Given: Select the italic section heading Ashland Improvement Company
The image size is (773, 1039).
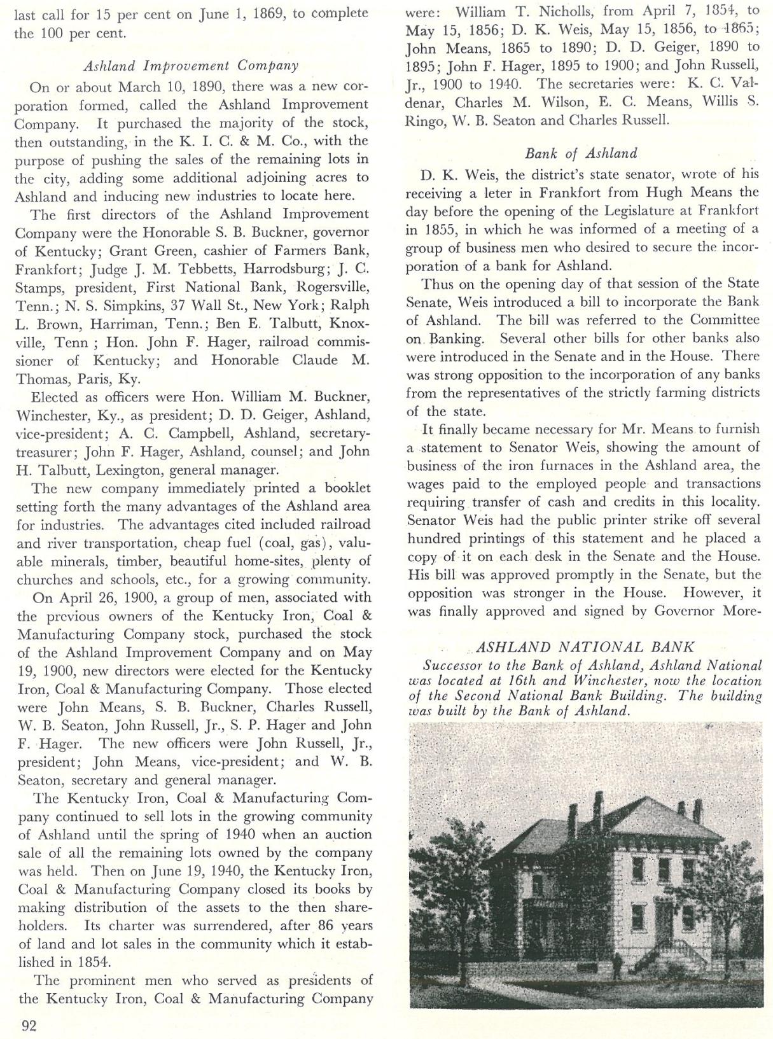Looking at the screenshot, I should [191, 66].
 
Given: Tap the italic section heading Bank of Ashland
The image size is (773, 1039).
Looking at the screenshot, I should [581, 153].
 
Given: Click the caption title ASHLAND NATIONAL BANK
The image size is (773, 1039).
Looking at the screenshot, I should [585, 647].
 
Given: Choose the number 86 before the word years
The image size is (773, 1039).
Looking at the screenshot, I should [326, 926].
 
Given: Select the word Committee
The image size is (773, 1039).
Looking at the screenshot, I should [725, 319].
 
